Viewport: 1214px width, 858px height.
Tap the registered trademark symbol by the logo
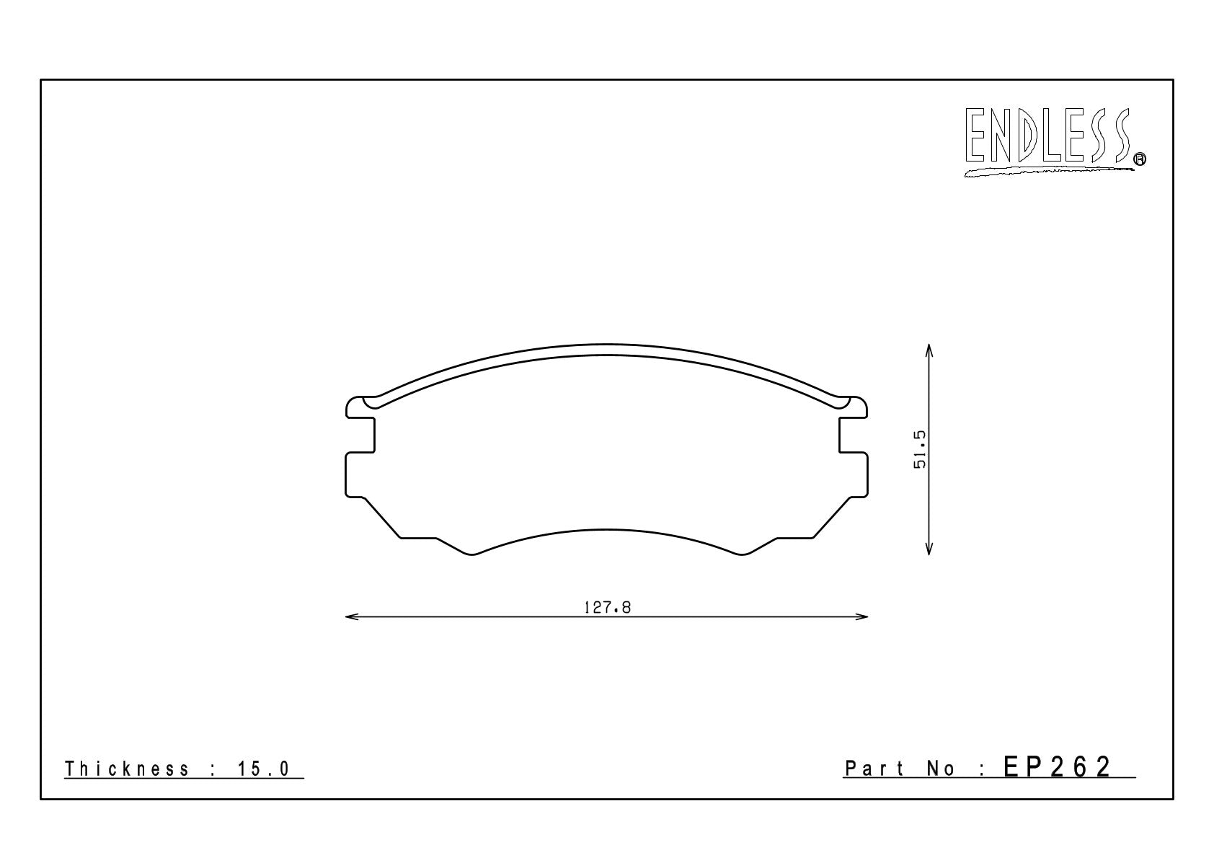pyautogui.click(x=1140, y=159)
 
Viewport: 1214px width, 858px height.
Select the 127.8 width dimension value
pyautogui.click(x=607, y=608)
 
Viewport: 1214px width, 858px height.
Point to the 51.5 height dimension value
pyautogui.click(x=921, y=449)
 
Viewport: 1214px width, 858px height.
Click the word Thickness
pyautogui.click(x=127, y=769)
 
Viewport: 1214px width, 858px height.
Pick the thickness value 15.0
pyautogui.click(x=263, y=769)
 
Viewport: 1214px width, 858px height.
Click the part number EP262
pyautogui.click(x=1057, y=767)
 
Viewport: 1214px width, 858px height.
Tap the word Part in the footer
pyautogui.click(x=874, y=769)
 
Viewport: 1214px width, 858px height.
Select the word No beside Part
pyautogui.click(x=941, y=769)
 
